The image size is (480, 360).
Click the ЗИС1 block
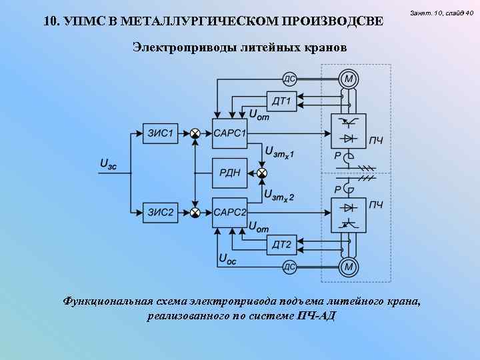[x=160, y=133]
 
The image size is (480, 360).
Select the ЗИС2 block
[x=160, y=213]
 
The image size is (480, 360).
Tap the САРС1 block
[x=230, y=133]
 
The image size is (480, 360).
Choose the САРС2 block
[x=230, y=213]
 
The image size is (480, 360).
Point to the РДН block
[x=230, y=173]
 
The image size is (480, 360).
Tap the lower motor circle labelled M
[x=348, y=267]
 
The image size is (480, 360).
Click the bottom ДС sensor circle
[x=290, y=267]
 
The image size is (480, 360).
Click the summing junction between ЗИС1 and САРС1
[x=195, y=133]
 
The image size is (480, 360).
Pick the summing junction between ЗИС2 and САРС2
[x=195, y=213]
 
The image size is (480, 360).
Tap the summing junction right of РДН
[x=262, y=173]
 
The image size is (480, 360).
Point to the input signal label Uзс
[x=108, y=163]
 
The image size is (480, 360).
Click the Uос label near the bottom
[x=227, y=259]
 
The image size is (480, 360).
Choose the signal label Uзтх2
[x=279, y=195]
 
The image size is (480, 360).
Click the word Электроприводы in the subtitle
[x=175, y=47]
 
